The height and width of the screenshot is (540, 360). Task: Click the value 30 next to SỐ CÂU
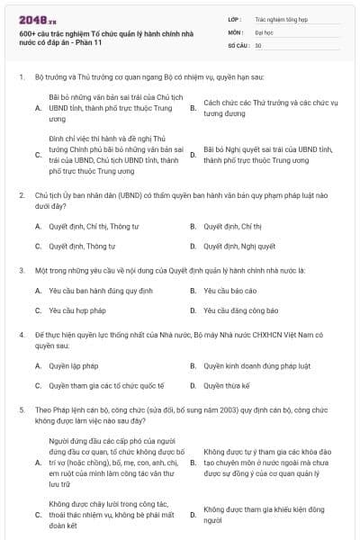pyautogui.click(x=258, y=44)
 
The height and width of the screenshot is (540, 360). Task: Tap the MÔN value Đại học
pyautogui.click(x=263, y=31)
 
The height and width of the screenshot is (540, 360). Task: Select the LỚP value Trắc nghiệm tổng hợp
pyautogui.click(x=278, y=17)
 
